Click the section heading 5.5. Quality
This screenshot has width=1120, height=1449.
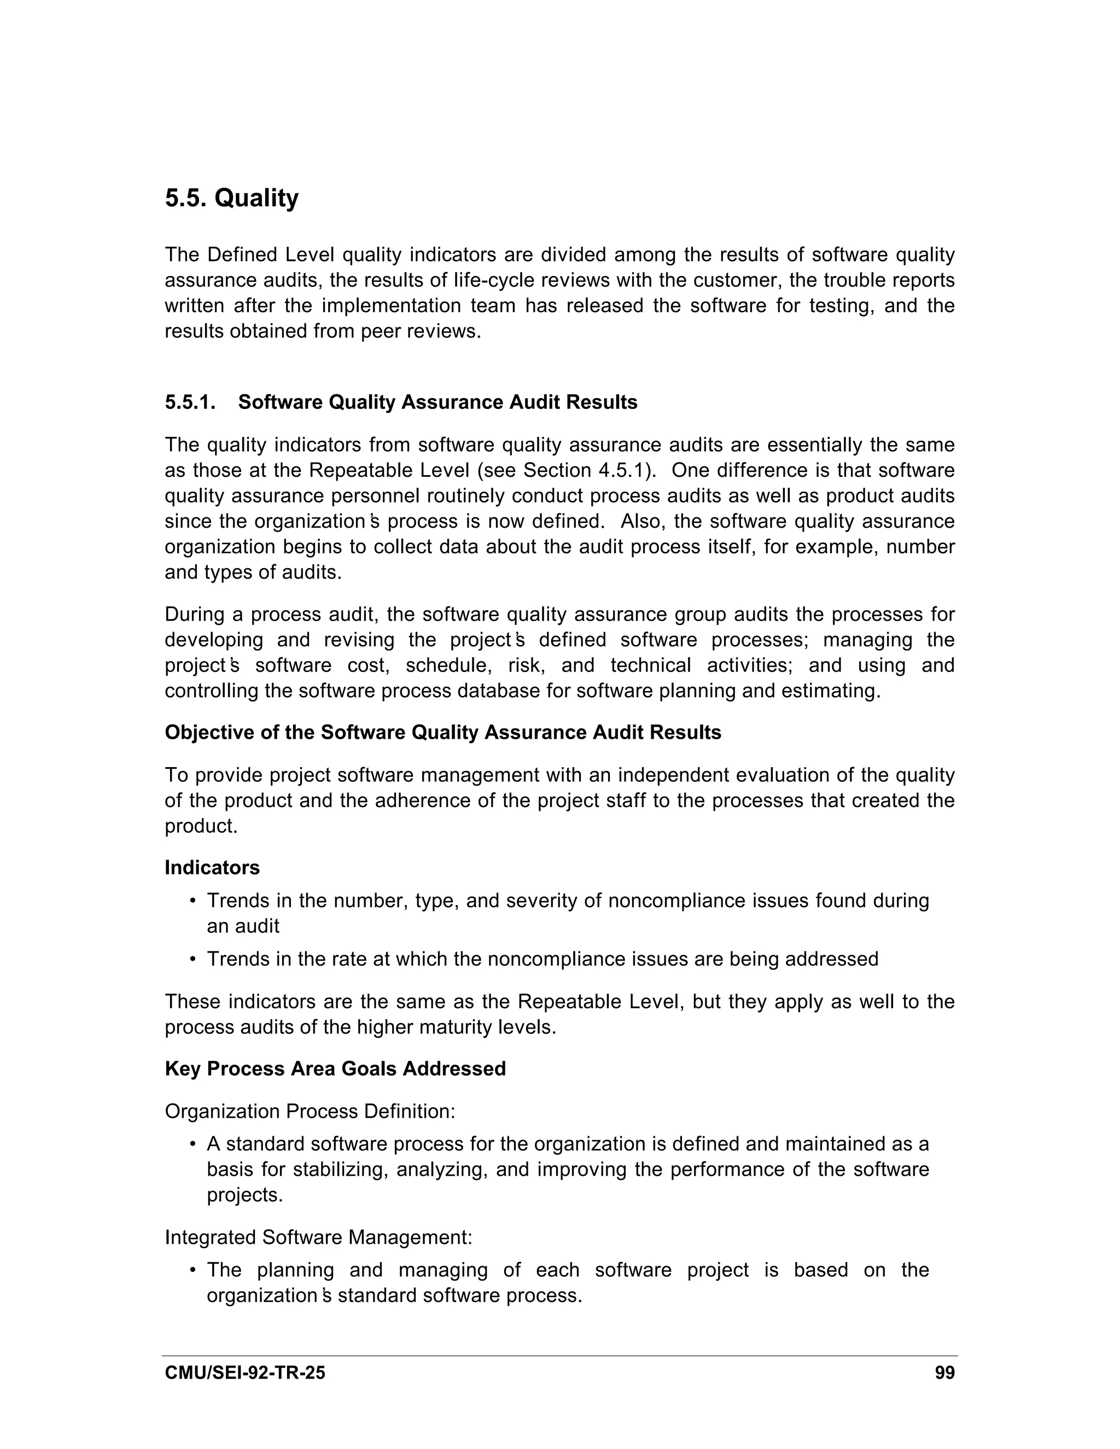coord(231,198)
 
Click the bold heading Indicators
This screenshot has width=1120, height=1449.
coord(212,868)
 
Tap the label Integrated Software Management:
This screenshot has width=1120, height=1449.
coord(318,1237)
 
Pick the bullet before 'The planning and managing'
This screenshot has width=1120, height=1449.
coord(192,1271)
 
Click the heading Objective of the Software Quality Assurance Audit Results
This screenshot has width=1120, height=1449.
coord(442,733)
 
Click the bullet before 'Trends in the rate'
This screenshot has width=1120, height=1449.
coord(192,960)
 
